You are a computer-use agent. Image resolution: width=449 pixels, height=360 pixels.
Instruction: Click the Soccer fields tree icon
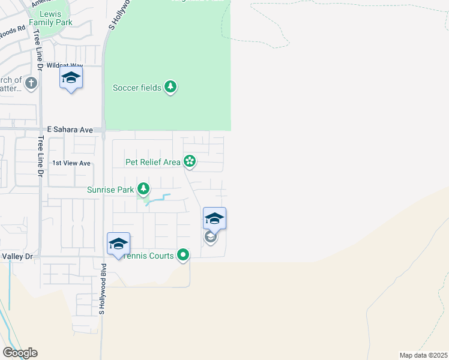click(171, 88)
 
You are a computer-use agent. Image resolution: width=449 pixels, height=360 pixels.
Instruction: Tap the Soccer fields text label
click(137, 88)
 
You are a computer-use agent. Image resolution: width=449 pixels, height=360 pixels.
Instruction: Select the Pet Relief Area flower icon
click(190, 161)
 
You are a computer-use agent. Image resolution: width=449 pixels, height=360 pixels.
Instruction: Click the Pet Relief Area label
click(153, 162)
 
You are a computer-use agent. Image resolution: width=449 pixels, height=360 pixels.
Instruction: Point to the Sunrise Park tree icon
click(143, 190)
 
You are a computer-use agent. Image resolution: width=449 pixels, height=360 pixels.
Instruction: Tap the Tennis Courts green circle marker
click(183, 256)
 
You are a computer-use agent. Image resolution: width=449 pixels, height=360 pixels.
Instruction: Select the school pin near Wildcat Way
click(71, 78)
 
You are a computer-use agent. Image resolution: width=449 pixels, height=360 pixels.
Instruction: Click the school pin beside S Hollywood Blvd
click(118, 244)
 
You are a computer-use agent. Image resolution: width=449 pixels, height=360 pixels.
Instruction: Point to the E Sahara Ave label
click(70, 130)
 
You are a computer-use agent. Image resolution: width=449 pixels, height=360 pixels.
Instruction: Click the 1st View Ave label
click(71, 163)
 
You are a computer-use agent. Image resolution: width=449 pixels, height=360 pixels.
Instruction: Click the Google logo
click(20, 353)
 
